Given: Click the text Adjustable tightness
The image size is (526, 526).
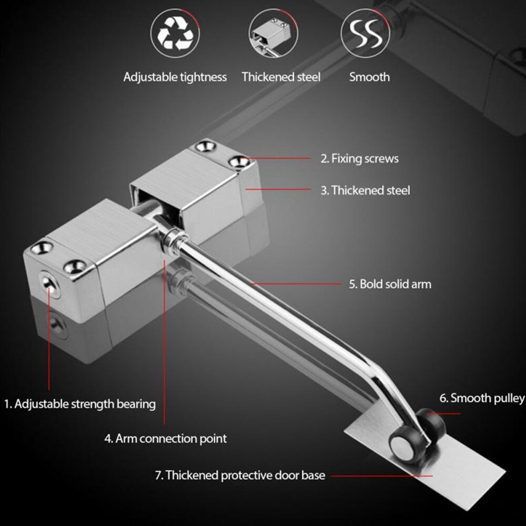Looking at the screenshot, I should (x=175, y=77).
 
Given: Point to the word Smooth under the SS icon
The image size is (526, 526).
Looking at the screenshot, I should (x=369, y=77).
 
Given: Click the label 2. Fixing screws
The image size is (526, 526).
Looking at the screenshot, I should (x=360, y=158).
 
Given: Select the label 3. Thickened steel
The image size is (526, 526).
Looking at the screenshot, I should (x=365, y=190).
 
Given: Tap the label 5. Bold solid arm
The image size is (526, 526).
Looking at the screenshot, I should (x=390, y=284).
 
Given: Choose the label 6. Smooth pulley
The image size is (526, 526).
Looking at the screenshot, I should (x=482, y=398).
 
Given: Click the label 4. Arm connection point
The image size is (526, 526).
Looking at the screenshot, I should (x=165, y=438).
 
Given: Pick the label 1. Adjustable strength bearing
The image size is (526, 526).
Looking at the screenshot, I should (x=80, y=404).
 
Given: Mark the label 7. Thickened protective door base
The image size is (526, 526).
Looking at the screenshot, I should (x=240, y=476).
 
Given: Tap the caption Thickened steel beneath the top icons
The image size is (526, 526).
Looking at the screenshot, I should (x=281, y=77).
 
